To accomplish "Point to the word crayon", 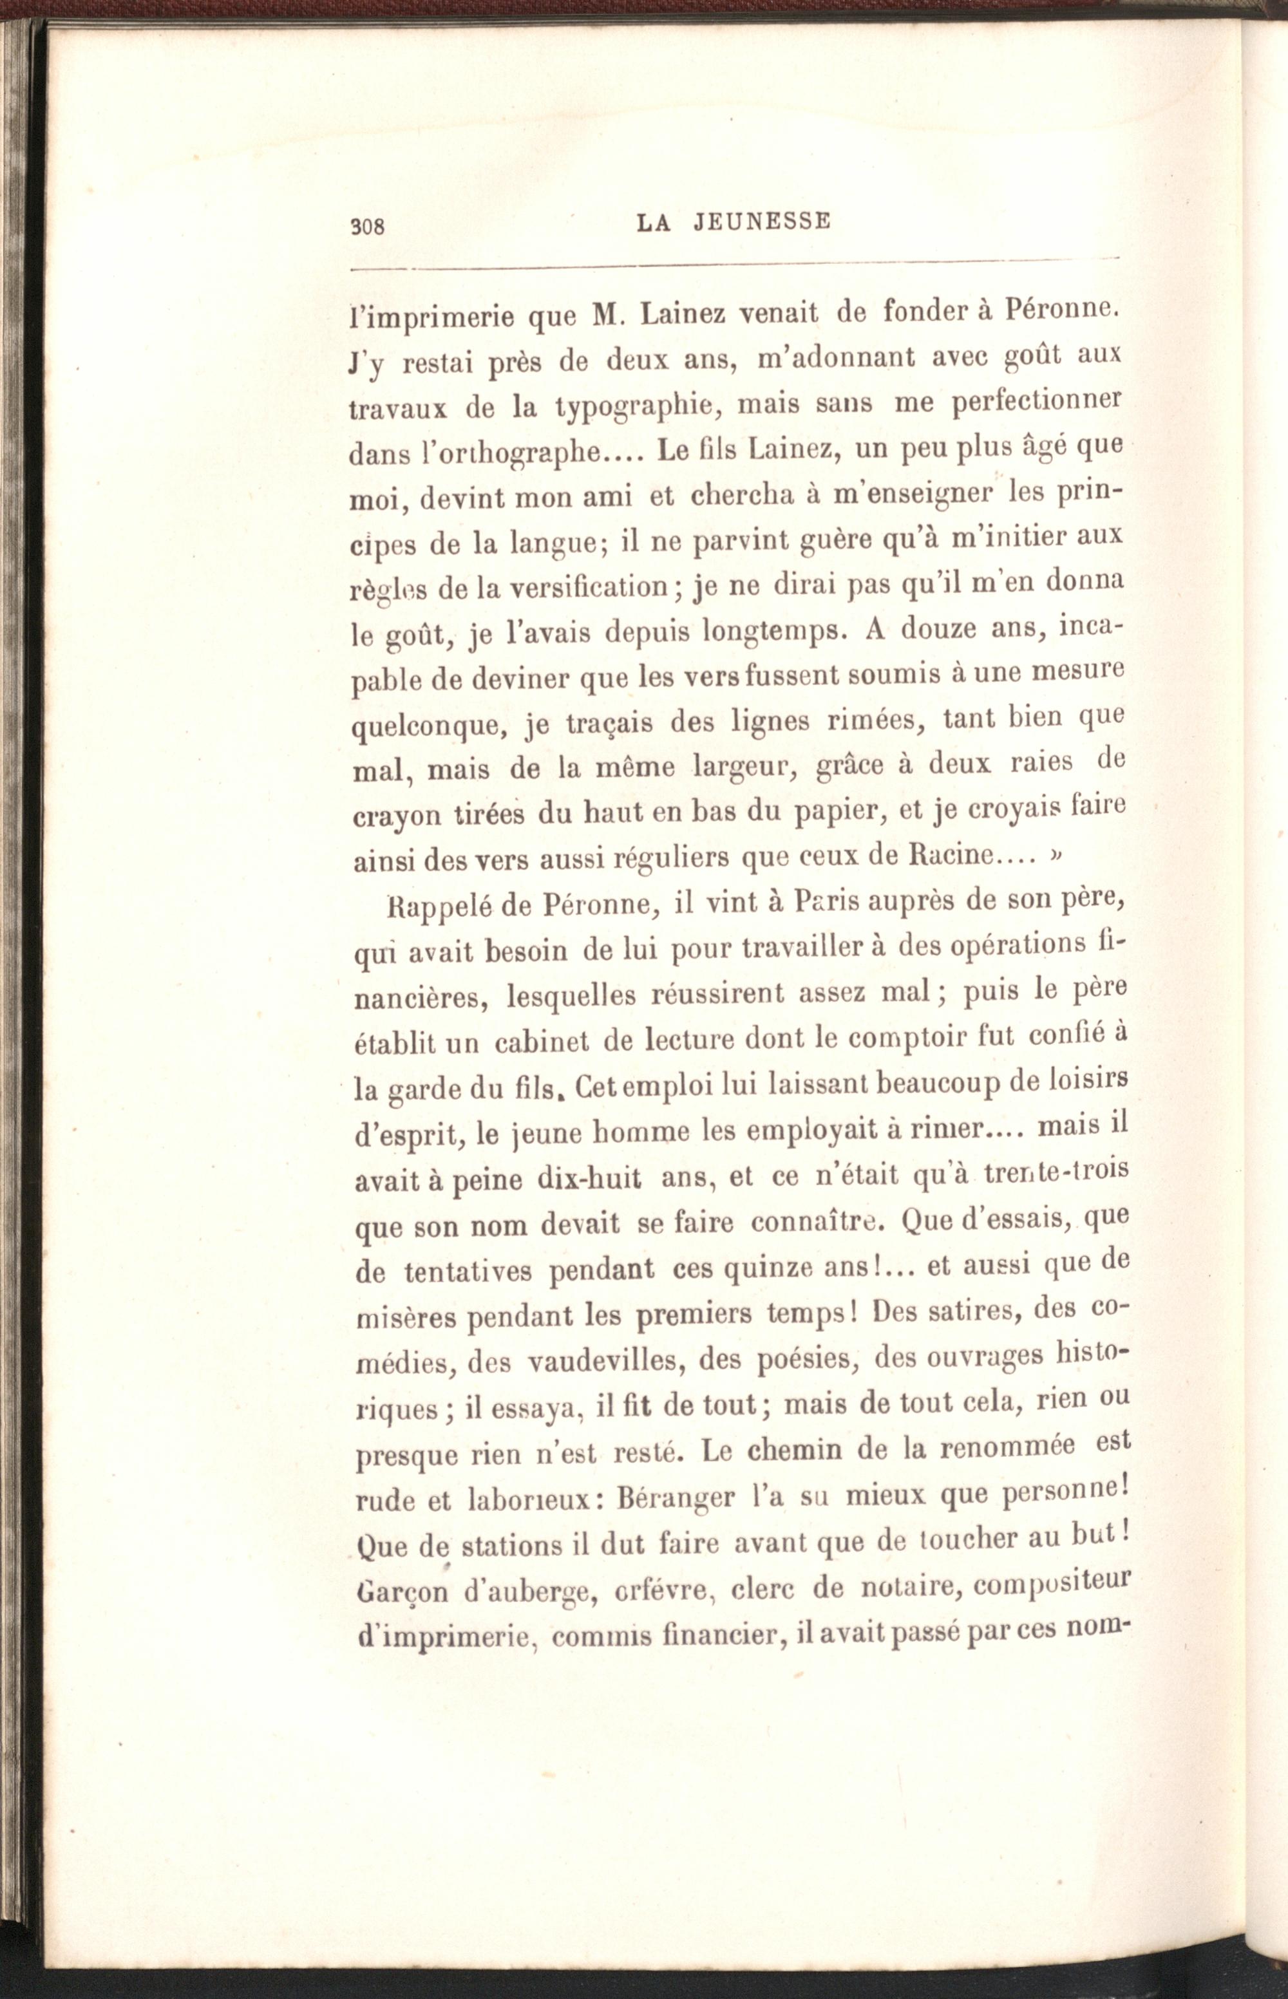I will [397, 816].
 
